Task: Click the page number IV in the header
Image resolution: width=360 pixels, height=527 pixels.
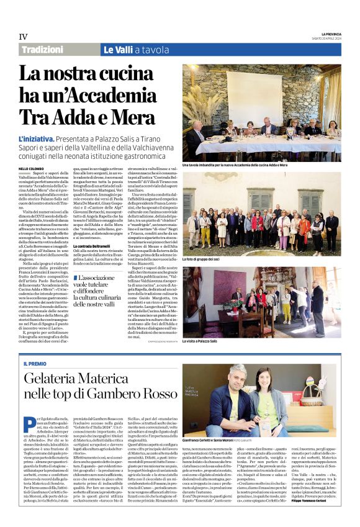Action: pyautogui.click(x=24, y=37)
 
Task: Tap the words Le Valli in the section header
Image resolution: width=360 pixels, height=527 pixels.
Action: pyautogui.click(x=117, y=50)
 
